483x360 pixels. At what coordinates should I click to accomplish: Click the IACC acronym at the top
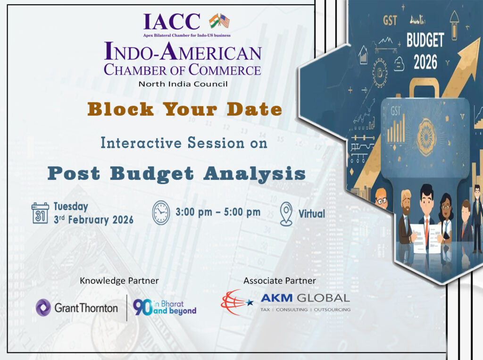coord(172,21)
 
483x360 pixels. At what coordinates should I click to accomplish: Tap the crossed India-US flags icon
coord(219,21)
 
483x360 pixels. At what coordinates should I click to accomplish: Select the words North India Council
coord(183,84)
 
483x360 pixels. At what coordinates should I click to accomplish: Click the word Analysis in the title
coord(255,174)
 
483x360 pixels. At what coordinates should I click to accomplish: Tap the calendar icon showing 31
coord(40,213)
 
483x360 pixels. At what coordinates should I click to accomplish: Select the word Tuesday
coord(71,206)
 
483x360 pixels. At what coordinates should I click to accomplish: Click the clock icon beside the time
coord(160,213)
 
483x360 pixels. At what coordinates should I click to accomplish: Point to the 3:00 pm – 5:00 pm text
coord(217,212)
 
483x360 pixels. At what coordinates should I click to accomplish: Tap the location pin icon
coord(286,214)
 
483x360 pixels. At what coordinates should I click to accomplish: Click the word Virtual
coord(312,214)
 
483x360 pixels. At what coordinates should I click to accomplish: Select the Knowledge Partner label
coord(119,281)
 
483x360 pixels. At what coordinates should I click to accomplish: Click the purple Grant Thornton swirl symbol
coord(43,308)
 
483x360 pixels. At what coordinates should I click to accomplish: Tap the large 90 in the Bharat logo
coord(142,308)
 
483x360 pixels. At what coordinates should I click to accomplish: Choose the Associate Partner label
coord(279,281)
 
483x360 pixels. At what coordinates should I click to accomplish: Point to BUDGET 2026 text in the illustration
coord(425,51)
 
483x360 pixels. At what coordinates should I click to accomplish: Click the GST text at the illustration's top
coord(390,21)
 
